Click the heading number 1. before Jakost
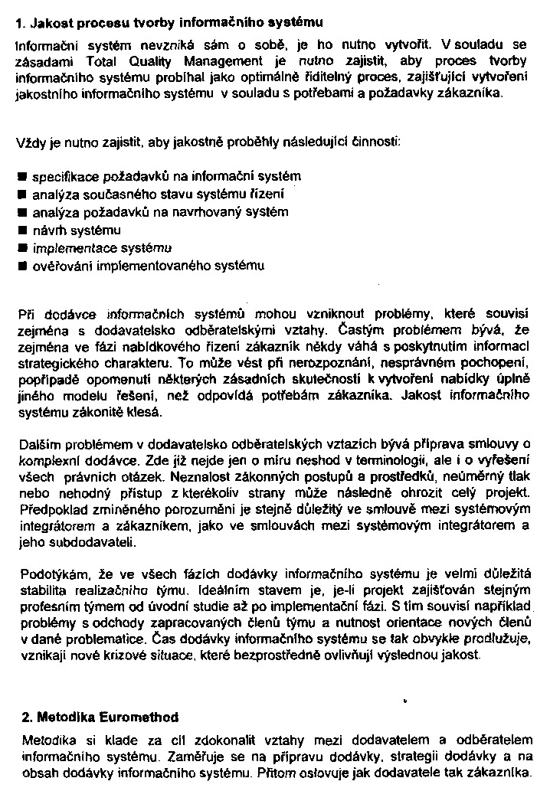click(21, 23)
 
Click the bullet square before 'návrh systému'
click(22, 230)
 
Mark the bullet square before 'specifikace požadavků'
click(22, 177)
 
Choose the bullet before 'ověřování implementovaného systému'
click(22, 266)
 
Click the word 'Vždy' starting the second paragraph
click(29, 142)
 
